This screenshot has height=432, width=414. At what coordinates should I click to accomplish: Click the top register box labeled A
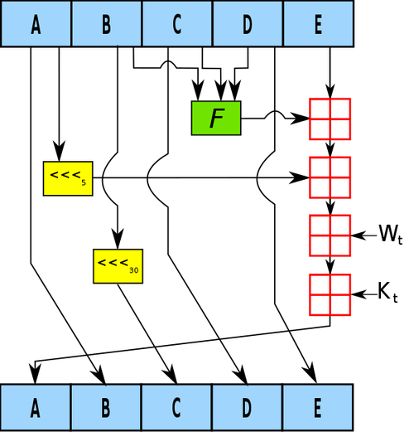(36, 24)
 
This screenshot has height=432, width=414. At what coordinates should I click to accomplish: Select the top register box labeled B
(107, 24)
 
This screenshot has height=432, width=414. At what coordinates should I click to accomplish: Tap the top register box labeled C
(177, 24)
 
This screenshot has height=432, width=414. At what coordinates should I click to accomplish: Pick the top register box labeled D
(248, 24)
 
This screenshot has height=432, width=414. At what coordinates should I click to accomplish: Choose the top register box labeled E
(319, 24)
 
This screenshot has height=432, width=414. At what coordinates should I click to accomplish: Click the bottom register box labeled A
(36, 407)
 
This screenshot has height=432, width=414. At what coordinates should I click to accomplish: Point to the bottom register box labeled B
(106, 407)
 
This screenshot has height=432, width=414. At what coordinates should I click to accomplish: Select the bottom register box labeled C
(177, 407)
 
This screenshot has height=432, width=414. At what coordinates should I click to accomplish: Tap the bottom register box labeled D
(248, 407)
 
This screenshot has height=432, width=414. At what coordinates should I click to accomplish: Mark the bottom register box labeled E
(318, 407)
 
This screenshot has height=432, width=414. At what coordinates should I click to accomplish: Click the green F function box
(216, 118)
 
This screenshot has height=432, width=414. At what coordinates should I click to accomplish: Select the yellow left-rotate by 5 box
(68, 178)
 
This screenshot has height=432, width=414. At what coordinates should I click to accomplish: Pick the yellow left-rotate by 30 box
(118, 266)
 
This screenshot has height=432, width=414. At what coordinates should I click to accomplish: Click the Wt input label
(391, 235)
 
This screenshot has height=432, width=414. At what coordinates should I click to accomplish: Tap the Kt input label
(388, 293)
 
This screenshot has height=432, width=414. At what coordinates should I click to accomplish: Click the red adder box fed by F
(330, 119)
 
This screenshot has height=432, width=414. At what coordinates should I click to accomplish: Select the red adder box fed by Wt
(330, 235)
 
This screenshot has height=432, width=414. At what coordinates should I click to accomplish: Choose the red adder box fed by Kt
(330, 294)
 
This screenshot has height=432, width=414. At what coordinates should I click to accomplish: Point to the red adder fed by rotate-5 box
(330, 177)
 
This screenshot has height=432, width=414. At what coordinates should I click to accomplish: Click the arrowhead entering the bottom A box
(35, 374)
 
